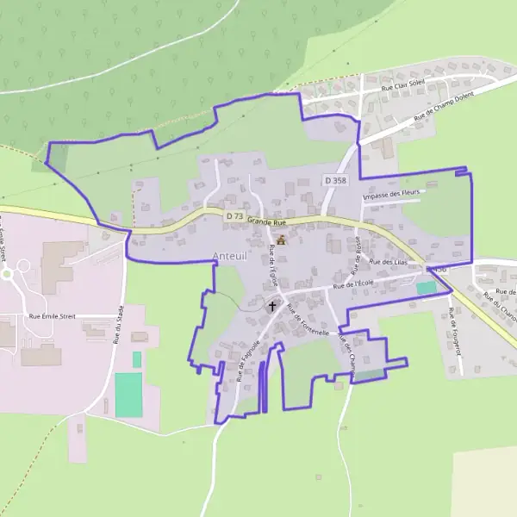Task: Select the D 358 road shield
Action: click(x=337, y=180)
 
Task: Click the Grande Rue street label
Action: click(x=265, y=221)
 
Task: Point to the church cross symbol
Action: click(x=273, y=305)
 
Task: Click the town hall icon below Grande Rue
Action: click(x=281, y=240)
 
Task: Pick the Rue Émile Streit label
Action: click(x=53, y=316)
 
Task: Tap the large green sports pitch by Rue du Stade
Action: click(x=128, y=395)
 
